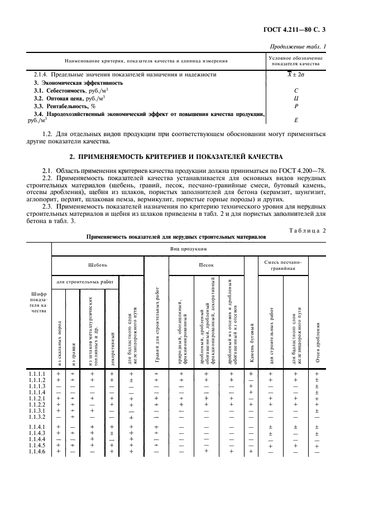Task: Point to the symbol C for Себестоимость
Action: point(296,90)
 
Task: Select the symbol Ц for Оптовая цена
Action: point(296,98)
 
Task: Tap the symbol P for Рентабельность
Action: point(296,105)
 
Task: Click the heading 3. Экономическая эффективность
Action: point(78,83)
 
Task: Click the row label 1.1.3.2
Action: point(37,417)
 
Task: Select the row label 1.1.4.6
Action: point(37,452)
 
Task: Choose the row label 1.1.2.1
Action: point(37,398)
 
